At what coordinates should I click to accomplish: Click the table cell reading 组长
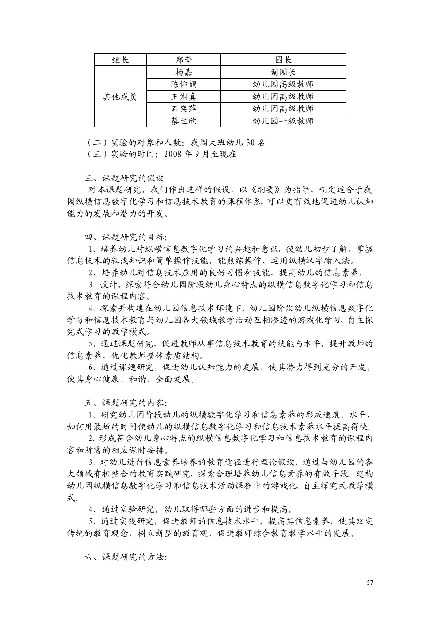coord(120,60)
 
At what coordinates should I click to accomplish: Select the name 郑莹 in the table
coord(184,60)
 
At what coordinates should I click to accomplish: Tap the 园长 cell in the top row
coord(283,60)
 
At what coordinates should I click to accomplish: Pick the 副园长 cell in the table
coord(283,72)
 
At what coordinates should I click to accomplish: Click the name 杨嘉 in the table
coord(184,72)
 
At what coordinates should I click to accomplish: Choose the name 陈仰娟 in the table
coord(184,84)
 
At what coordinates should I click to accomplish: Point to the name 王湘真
coord(184,96)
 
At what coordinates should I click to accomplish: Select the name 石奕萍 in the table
coord(184,108)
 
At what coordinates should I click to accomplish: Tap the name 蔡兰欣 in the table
coord(184,120)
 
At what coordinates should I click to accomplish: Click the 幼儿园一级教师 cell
coord(283,120)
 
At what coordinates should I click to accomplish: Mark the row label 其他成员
coord(120,96)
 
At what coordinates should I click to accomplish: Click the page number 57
coord(370,583)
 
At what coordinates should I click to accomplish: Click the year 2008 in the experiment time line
coord(173,155)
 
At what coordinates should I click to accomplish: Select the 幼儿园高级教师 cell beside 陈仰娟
coord(283,84)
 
